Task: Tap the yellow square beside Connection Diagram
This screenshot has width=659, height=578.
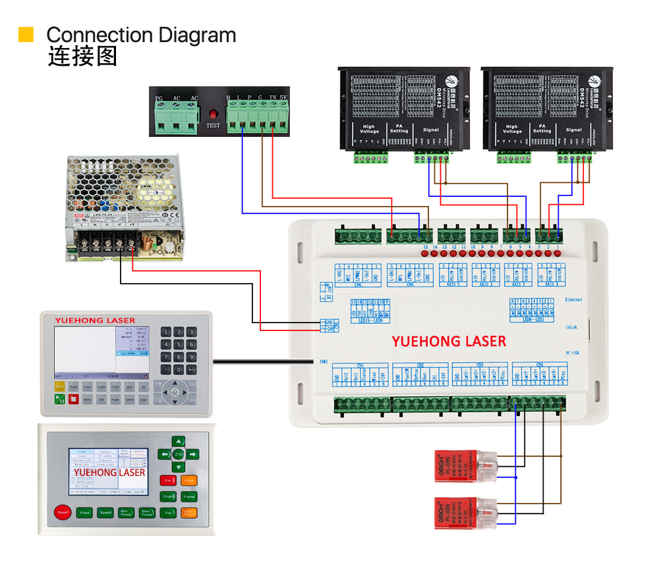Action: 26,35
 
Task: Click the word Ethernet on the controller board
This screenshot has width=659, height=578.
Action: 573,300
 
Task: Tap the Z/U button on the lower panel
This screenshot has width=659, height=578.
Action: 179,454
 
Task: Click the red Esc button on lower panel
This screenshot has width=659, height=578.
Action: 169,481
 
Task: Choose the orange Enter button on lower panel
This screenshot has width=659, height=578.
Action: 189,481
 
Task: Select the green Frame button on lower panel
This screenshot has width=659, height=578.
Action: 189,496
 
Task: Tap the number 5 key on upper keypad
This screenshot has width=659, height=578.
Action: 179,345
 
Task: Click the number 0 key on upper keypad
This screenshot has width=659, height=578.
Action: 179,370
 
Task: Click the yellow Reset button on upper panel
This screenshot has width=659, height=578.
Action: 59,386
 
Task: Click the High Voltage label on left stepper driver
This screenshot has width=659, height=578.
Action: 369,129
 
